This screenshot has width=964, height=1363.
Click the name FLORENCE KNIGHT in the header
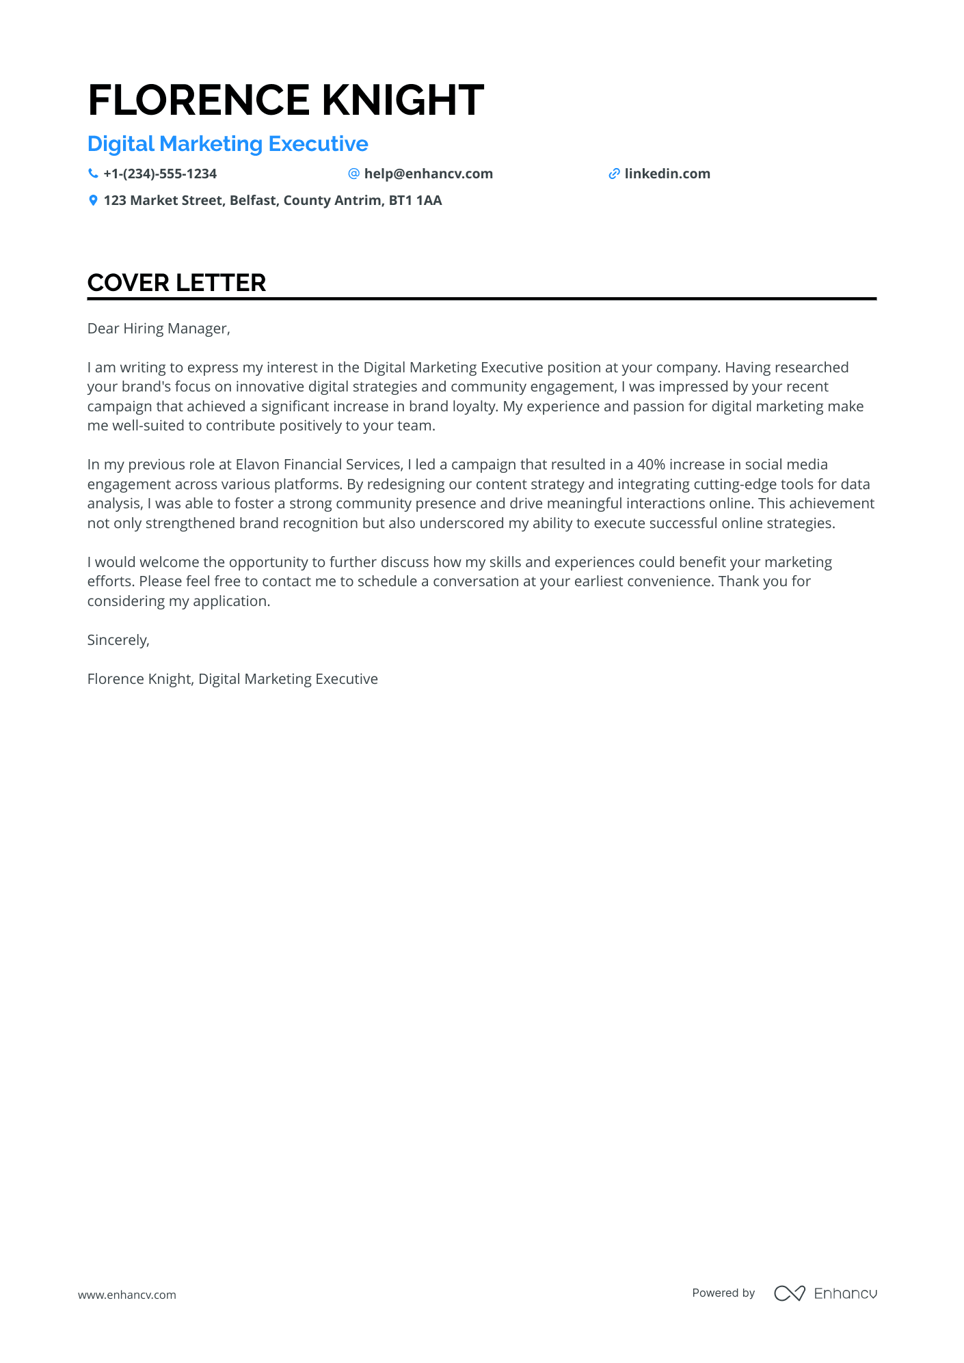point(286,100)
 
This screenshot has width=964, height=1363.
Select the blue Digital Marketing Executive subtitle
point(228,144)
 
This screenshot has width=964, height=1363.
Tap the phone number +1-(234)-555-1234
point(160,174)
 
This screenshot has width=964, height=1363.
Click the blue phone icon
point(93,174)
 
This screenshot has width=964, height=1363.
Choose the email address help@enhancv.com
point(428,174)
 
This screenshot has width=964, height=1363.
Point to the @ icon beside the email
point(353,174)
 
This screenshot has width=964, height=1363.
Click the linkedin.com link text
point(667,174)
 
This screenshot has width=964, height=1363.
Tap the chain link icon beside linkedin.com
point(614,174)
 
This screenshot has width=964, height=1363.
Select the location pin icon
point(93,201)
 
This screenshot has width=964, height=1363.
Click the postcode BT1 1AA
point(415,201)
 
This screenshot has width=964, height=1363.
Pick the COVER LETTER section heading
point(176,283)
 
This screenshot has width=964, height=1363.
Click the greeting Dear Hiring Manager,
point(159,329)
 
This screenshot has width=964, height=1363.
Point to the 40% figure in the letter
point(651,465)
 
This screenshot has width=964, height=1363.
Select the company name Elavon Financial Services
point(319,465)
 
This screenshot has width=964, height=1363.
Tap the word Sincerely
point(117,640)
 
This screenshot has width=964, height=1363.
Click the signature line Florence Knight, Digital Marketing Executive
point(232,679)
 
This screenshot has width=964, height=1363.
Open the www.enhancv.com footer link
point(127,1295)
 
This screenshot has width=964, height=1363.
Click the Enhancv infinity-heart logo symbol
point(789,1293)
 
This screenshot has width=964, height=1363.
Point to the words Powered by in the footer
point(723,1293)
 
